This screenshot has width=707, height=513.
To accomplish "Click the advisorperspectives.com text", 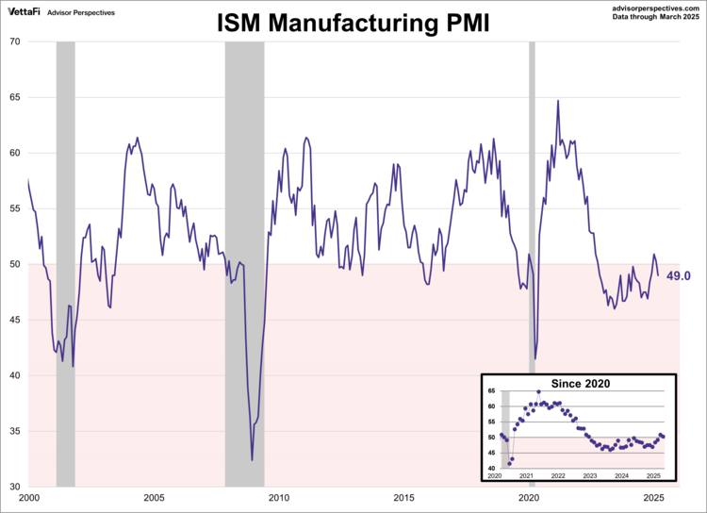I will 651,7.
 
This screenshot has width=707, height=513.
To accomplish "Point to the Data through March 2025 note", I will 651,17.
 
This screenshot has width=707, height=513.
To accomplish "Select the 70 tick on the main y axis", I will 16,41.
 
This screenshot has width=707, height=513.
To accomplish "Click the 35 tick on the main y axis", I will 16,431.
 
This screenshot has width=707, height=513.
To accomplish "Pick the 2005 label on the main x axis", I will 154,497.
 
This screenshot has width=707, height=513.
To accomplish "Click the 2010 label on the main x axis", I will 279,497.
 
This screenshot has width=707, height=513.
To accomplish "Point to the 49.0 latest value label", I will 679,275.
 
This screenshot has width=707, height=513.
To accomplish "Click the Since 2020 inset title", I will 581,383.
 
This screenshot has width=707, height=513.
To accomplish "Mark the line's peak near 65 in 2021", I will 557,101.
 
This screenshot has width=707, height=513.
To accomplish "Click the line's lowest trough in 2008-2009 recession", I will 252,460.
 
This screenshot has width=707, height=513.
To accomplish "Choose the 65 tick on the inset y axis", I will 490,391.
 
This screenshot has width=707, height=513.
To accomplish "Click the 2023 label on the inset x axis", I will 589,477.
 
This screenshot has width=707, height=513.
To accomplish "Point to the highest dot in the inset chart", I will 538,391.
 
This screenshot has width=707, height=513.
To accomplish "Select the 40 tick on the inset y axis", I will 490,469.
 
